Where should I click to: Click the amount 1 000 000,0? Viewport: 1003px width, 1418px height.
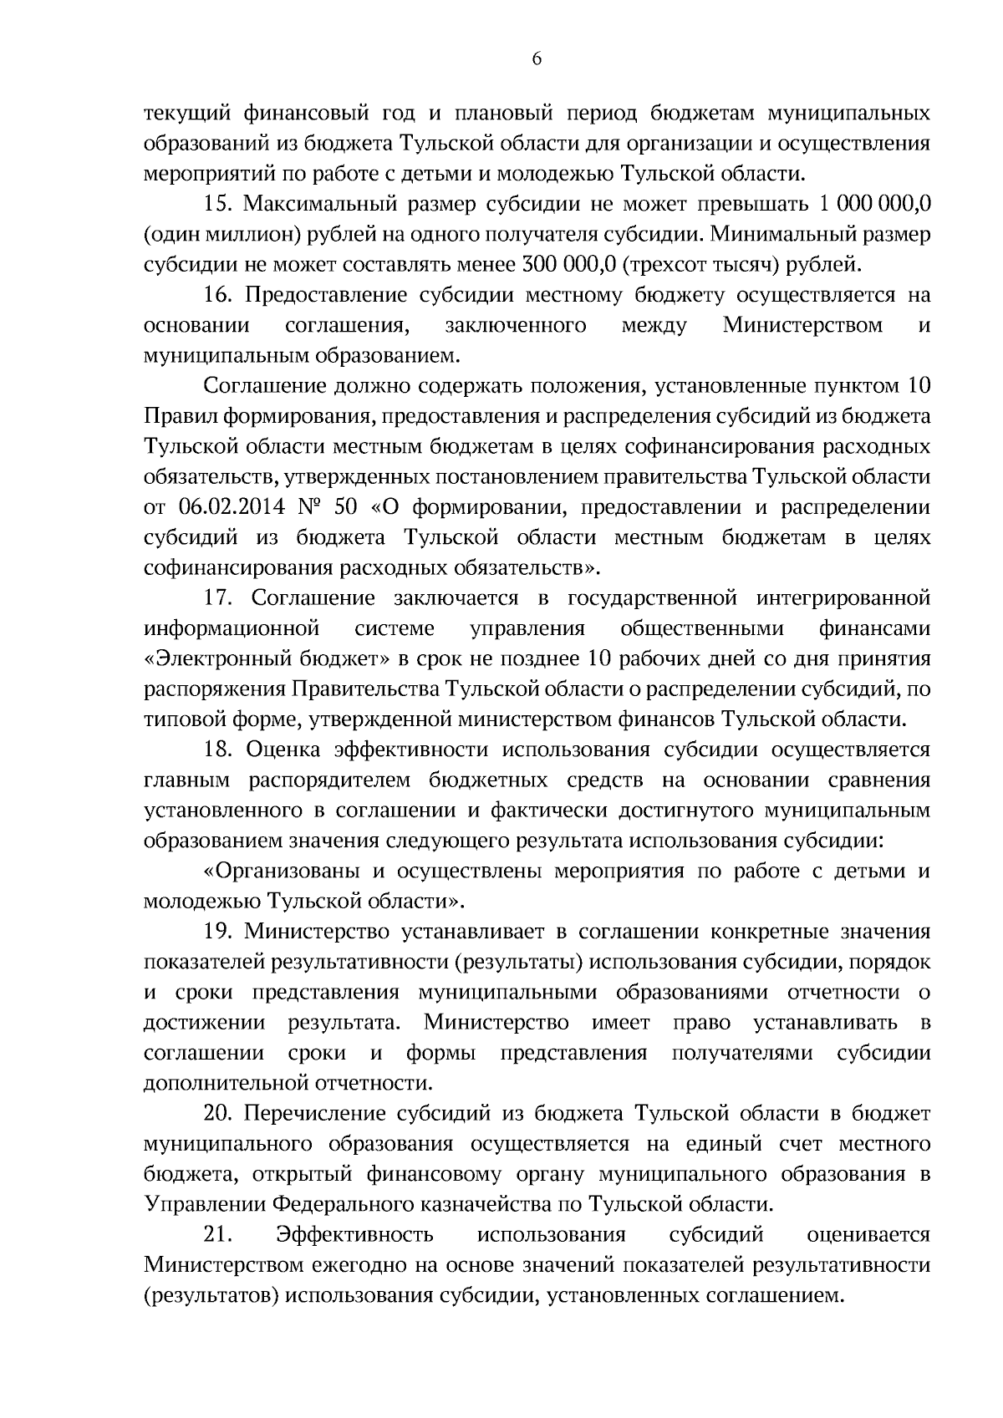tap(876, 204)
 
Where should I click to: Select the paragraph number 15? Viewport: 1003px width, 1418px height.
tap(215, 204)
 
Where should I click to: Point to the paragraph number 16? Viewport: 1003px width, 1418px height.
tap(215, 295)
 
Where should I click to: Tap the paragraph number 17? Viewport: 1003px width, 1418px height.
tap(215, 598)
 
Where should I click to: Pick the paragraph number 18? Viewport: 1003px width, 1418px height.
tap(215, 750)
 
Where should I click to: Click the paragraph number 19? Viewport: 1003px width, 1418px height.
tap(215, 932)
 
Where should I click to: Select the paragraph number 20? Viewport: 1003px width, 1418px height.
tap(215, 1114)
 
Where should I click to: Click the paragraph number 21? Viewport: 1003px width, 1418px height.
tap(215, 1235)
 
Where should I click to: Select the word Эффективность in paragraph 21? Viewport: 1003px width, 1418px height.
tap(354, 1235)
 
